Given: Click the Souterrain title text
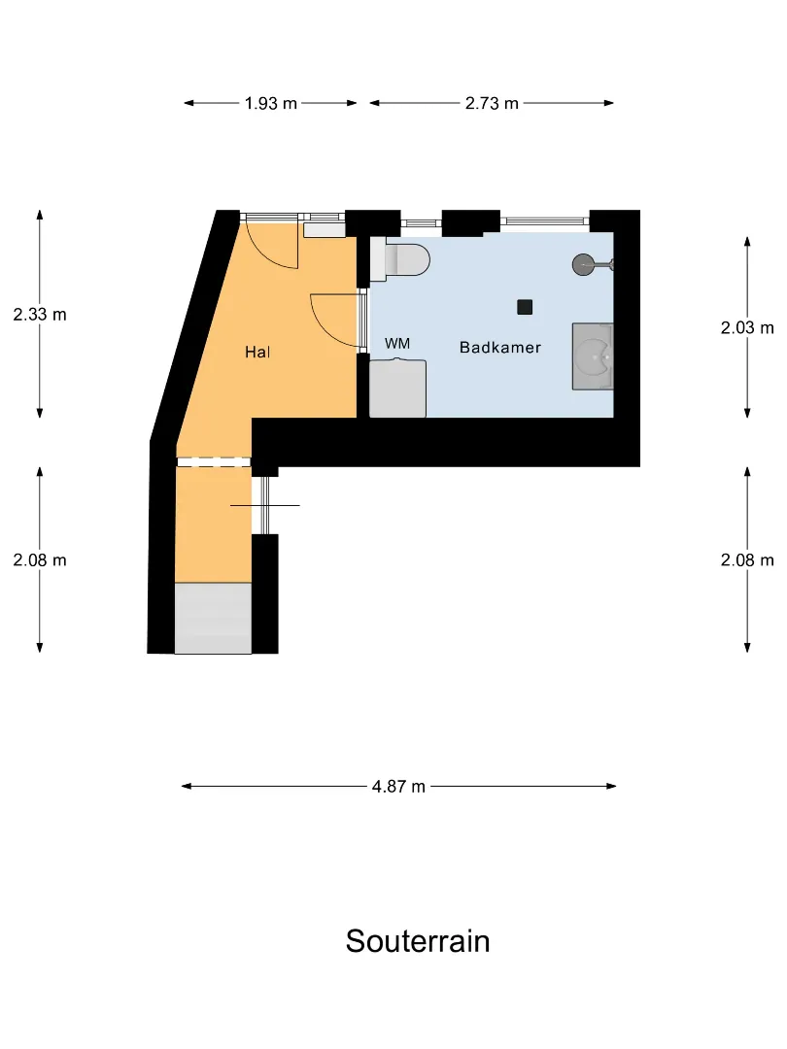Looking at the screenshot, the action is (x=418, y=940).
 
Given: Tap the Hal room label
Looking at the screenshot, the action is (x=257, y=352).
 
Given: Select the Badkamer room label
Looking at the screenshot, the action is (x=500, y=347).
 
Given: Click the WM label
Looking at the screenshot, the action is (x=396, y=343).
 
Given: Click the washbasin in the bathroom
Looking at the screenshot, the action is (x=593, y=355).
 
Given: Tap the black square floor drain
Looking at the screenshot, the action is (x=525, y=307).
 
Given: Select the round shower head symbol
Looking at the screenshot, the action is (x=584, y=265).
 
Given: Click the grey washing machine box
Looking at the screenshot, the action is (x=397, y=388).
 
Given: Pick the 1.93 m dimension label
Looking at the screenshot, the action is (x=270, y=103).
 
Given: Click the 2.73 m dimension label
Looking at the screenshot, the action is (x=492, y=103).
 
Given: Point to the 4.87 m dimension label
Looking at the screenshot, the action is (x=399, y=786).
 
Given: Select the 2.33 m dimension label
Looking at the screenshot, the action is (x=40, y=314).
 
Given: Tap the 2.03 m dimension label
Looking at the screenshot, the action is (x=747, y=327).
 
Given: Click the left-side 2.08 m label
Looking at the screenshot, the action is (x=40, y=560).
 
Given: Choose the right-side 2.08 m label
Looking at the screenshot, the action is (x=747, y=560).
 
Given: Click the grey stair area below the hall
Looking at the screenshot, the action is (x=214, y=618).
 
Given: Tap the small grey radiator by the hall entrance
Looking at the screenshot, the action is (x=324, y=229).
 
